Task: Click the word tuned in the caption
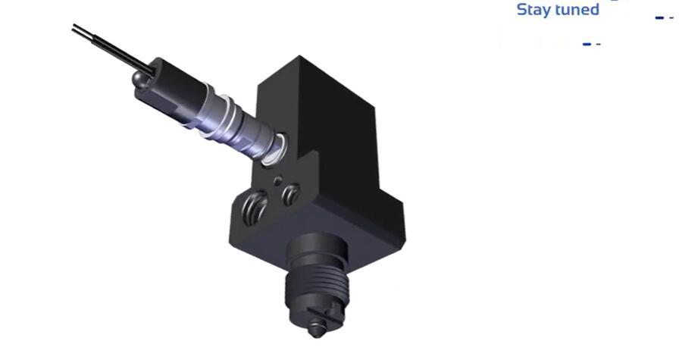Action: coord(577,10)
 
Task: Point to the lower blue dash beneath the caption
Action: coord(587,44)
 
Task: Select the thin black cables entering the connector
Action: coord(106,45)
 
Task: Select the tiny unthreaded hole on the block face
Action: coord(280,180)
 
